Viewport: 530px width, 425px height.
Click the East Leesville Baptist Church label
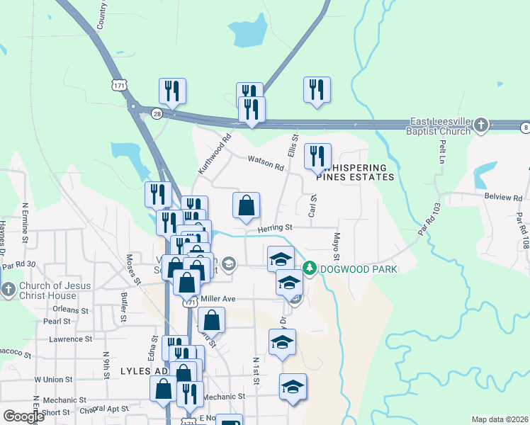(x=438, y=127)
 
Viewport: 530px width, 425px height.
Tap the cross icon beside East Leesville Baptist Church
(x=481, y=125)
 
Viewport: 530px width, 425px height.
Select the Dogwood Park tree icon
(x=309, y=268)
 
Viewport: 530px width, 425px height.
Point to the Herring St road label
(x=275, y=227)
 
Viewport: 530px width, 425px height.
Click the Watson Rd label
(x=265, y=162)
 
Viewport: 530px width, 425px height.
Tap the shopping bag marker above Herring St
(x=246, y=206)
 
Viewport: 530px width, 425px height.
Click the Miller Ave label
(x=218, y=299)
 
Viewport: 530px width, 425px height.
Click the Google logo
(x=23, y=416)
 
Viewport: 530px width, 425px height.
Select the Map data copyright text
(x=499, y=419)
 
